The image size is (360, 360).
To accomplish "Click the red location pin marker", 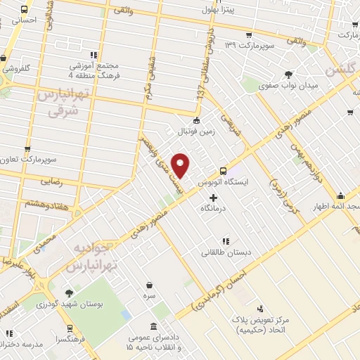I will pyautogui.click(x=181, y=165).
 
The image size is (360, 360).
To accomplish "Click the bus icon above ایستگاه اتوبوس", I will pyautogui.click(x=224, y=170).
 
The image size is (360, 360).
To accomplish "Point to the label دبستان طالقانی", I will pyautogui.click(x=225, y=252).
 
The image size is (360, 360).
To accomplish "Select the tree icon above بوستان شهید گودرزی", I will pyautogui.click(x=69, y=293).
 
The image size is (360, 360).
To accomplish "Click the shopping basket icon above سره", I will pyautogui.click(x=150, y=285).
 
